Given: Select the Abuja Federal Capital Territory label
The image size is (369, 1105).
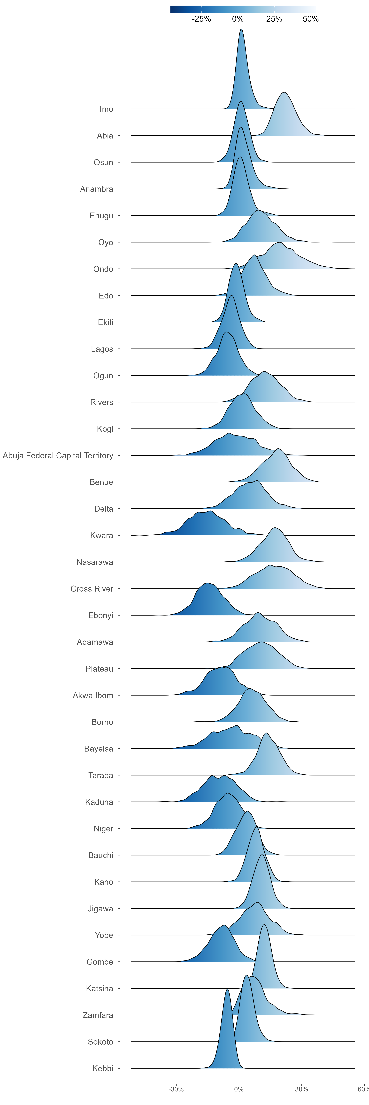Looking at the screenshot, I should [x=58, y=456].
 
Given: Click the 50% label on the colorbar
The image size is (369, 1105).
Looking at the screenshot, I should [x=311, y=19].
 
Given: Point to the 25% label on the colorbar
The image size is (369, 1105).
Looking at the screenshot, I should [x=274, y=19].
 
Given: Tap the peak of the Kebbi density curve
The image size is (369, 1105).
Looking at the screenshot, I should [x=227, y=989].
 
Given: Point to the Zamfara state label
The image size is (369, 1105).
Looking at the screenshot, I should [x=98, y=1015].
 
